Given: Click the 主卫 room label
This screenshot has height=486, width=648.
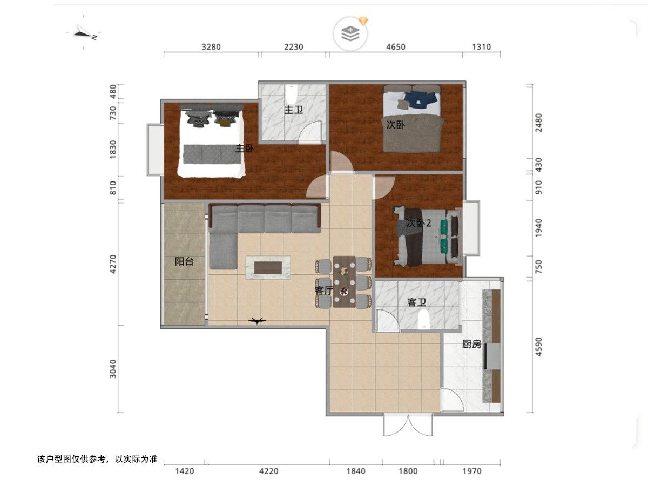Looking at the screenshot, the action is point(293,110).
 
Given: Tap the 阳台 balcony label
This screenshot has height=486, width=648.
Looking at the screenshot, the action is point(184,261).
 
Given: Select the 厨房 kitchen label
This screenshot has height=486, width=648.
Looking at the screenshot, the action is point(472,344).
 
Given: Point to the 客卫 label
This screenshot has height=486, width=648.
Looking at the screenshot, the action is point(416,302).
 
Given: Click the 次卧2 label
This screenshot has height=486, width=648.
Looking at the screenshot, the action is point(419,223).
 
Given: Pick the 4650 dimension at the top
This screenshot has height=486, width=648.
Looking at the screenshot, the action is point(396,47).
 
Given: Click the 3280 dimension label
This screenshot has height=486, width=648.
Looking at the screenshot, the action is point(211,47).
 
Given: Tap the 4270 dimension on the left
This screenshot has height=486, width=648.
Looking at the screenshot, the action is point(113,264).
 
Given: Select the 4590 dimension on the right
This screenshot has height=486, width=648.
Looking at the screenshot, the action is point(538,347).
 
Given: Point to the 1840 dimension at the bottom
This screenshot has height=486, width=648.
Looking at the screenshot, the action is point(356,471).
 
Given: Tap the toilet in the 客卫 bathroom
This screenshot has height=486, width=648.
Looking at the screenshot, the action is point(424,320).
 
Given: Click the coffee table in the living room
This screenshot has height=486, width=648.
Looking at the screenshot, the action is point(268,268).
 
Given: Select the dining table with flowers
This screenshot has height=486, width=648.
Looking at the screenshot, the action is point(344,282).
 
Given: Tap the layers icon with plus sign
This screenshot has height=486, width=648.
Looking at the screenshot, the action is point(350,34).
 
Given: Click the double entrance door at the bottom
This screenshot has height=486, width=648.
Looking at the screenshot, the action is point(408,425).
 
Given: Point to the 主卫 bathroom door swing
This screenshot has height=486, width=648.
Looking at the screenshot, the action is point(309,132).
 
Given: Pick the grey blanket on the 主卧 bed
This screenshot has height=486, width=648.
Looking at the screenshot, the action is point(213,154).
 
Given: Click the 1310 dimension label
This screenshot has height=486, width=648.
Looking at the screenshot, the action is point(481,47).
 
